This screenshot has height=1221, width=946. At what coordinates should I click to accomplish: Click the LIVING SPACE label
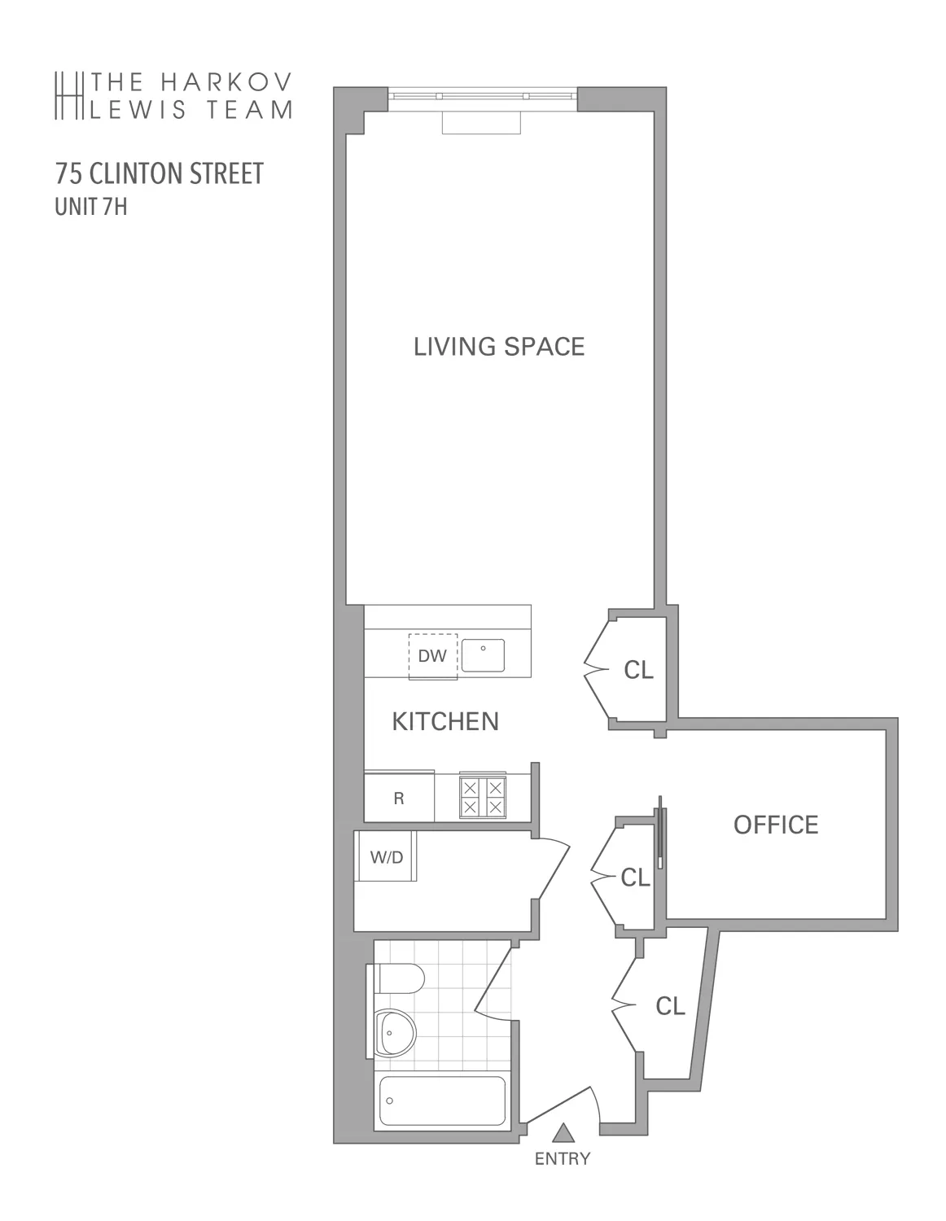[499, 347]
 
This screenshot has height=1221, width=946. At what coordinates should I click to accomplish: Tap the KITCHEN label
[445, 721]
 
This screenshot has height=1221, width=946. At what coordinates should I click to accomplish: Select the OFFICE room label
[775, 825]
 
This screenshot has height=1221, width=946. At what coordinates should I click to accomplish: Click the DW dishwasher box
[432, 655]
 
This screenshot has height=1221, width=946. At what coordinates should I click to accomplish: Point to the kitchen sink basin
[483, 655]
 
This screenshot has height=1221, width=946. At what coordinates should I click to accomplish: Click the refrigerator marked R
[399, 799]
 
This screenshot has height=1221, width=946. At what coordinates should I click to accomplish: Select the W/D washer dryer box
[387, 856]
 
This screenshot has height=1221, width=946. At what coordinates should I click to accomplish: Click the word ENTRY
[562, 1159]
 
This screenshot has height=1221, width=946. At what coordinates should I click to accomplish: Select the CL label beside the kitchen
[638, 670]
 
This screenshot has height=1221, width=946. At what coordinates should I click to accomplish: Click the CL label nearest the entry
[670, 1007]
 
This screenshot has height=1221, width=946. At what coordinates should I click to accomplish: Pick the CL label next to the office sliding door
[635, 877]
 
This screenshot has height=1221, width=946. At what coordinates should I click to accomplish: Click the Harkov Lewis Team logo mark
[69, 95]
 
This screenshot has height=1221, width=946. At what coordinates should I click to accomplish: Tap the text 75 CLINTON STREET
[160, 173]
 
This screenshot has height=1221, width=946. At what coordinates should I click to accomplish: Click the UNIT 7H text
[90, 207]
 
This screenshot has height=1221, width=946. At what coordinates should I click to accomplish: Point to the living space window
[482, 97]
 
